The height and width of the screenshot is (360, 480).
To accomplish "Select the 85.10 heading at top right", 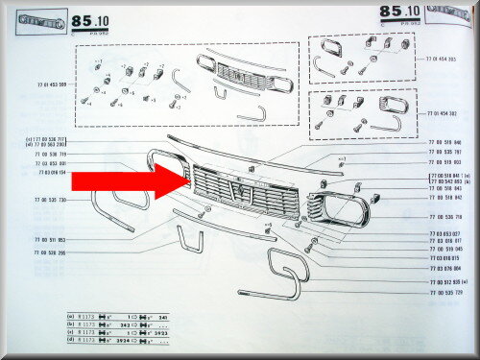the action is (x=390, y=12).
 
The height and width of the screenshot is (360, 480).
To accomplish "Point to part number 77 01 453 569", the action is (x=49, y=84).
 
